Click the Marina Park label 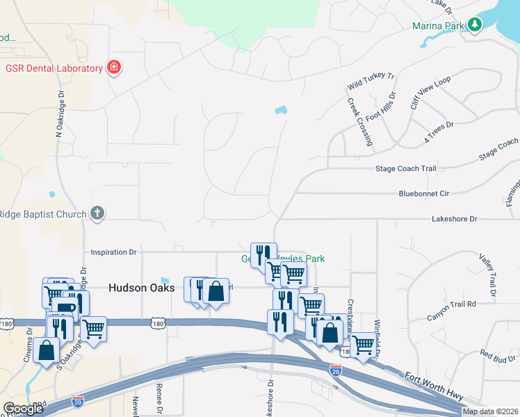point(438,26)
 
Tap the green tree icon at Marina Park point(475,26)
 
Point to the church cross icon point(98,214)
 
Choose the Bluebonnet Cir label point(425,194)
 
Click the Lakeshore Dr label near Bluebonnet point(455,219)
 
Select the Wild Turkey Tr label point(371,81)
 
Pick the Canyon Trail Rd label point(451,304)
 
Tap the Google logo point(23,409)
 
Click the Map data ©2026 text point(490,412)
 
